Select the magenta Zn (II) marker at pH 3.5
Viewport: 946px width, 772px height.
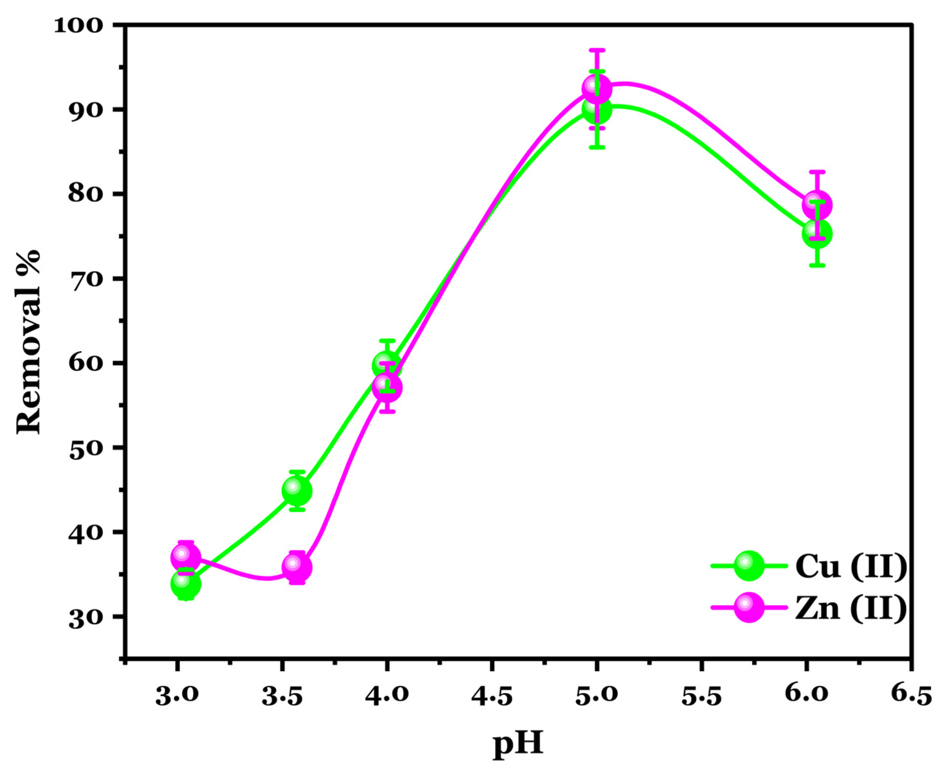(297, 568)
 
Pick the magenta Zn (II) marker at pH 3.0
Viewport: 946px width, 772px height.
(186, 557)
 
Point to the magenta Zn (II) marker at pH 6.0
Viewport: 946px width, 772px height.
(817, 205)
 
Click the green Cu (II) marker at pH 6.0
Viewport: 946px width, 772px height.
(817, 234)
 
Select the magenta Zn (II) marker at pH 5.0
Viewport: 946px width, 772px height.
(597, 88)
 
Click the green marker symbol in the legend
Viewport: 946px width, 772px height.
(749, 566)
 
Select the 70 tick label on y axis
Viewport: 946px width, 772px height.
(89, 279)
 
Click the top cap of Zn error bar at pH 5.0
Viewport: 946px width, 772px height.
(597, 49)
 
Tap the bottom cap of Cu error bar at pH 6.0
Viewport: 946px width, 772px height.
(817, 265)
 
